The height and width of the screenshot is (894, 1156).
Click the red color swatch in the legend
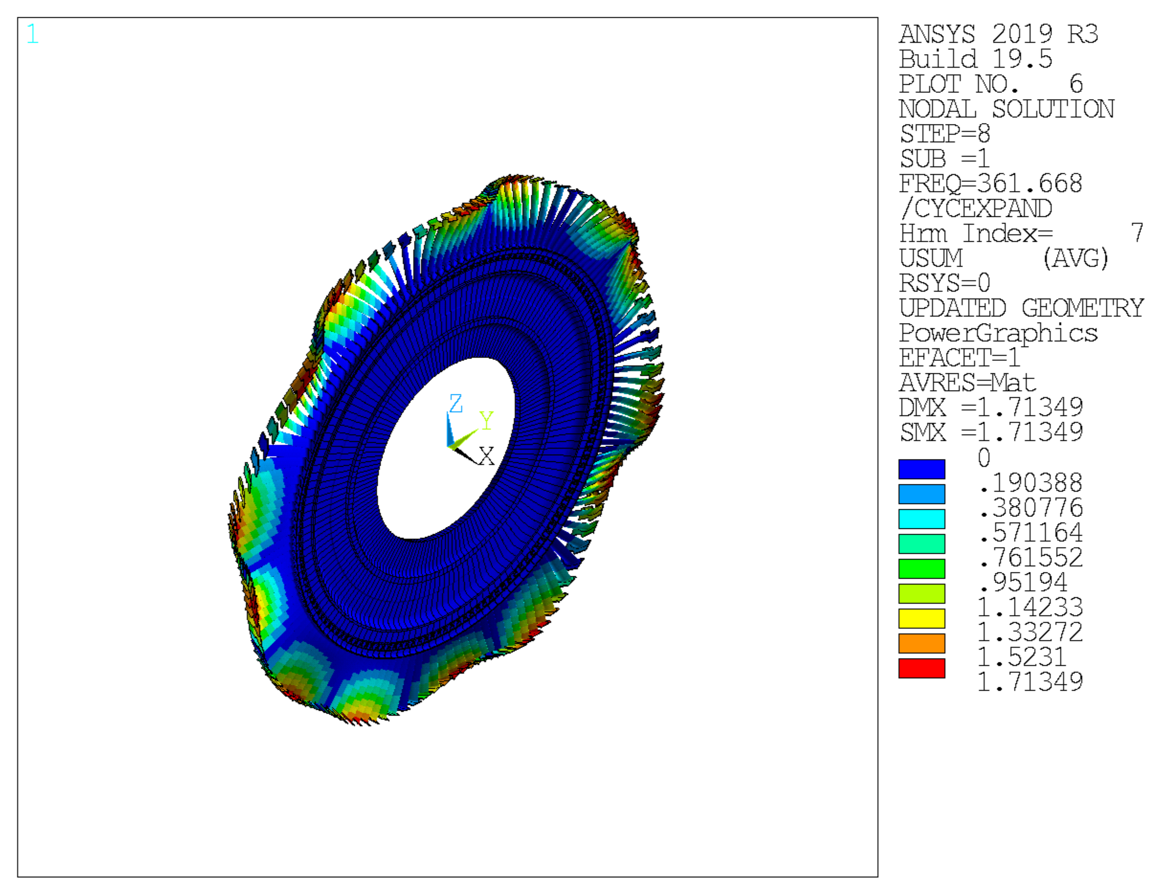click(x=921, y=668)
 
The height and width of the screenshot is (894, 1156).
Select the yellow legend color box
click(x=921, y=618)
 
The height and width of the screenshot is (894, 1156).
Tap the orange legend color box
click(x=921, y=643)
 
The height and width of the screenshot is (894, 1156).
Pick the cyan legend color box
click(x=921, y=519)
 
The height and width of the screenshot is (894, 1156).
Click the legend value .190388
click(x=1030, y=483)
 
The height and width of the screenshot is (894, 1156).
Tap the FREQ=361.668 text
click(x=990, y=184)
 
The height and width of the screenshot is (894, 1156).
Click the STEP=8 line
click(x=945, y=134)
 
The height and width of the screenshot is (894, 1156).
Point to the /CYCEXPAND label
click(x=976, y=209)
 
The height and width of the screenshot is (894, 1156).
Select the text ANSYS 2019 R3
click(x=998, y=34)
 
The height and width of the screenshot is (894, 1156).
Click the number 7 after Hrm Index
click(x=1136, y=233)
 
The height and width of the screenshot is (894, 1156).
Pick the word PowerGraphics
click(x=998, y=333)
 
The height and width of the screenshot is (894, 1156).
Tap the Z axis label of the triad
click(x=455, y=403)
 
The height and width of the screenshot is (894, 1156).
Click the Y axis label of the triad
click(x=486, y=421)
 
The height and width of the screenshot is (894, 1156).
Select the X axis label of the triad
click(x=487, y=456)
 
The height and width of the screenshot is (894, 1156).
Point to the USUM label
click(x=931, y=258)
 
